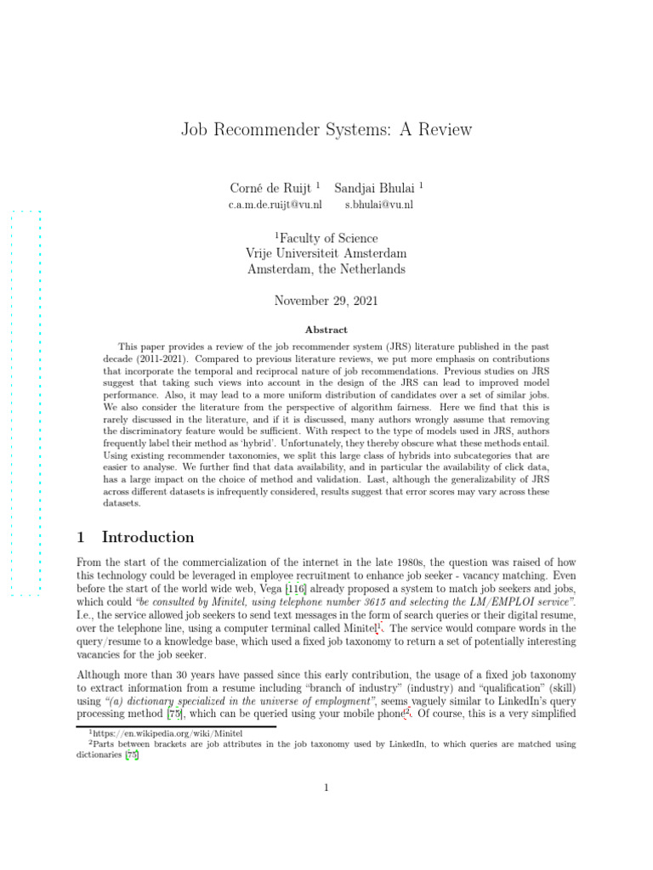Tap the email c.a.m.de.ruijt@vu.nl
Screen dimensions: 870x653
point(275,205)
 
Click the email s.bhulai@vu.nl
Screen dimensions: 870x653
point(379,205)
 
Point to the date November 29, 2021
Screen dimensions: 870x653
point(326,301)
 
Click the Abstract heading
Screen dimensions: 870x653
point(326,330)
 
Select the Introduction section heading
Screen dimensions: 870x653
point(148,537)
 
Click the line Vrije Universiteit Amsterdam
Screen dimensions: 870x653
point(326,254)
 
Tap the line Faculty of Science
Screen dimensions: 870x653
point(326,239)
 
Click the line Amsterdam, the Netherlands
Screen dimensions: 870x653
point(326,269)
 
